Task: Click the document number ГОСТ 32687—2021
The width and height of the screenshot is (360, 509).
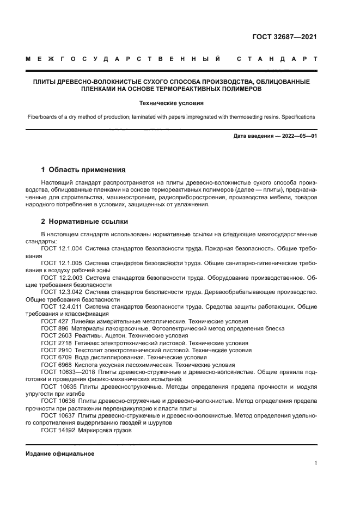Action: [284, 37]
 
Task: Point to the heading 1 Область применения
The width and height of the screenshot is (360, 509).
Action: [83, 169]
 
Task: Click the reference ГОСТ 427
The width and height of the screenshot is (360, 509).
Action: [54, 322]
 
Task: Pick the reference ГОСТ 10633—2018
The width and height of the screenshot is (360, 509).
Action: [68, 373]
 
